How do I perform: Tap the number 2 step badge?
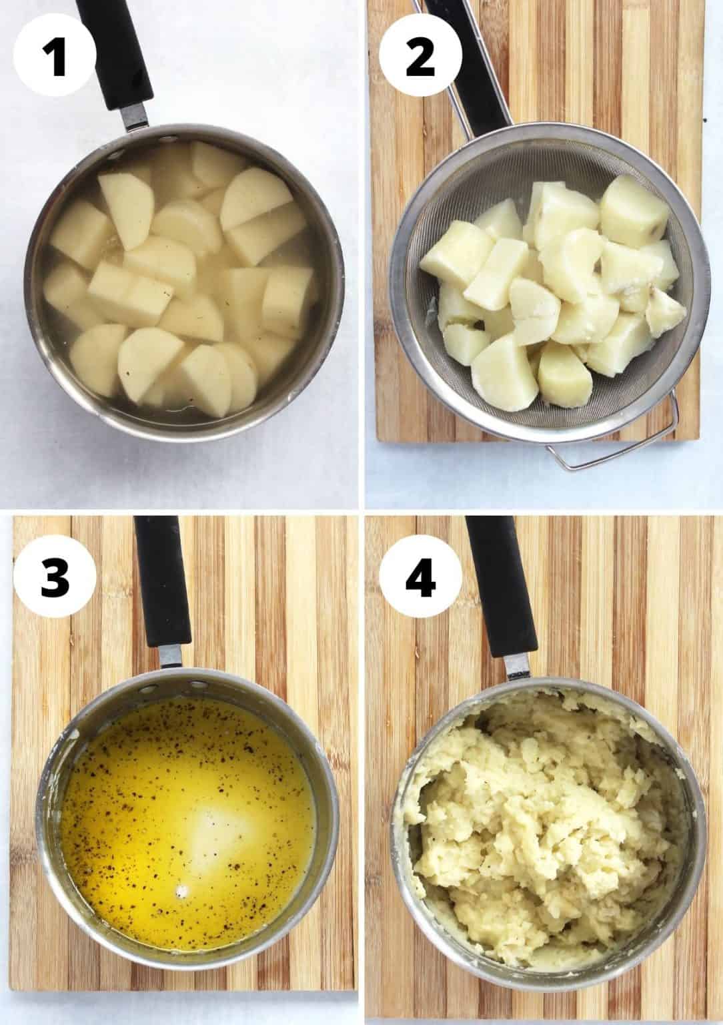pyautogui.click(x=420, y=58)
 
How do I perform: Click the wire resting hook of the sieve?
pyautogui.click(x=620, y=454)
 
